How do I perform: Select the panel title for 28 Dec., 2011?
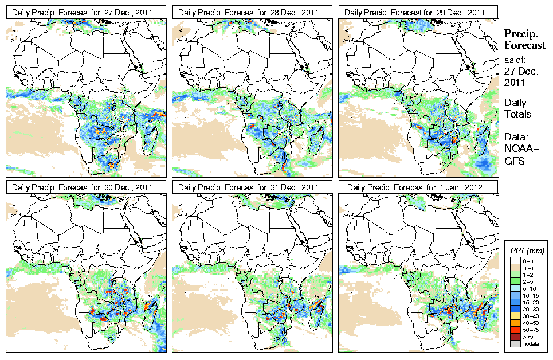tap(253, 12)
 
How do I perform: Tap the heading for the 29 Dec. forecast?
tap(419, 12)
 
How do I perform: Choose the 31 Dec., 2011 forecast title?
tap(253, 187)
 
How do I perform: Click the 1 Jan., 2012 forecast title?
tap(419, 187)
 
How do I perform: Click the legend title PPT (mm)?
tap(527, 251)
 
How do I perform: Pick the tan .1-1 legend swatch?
tap(515, 268)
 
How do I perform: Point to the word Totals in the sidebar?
tap(517, 114)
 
